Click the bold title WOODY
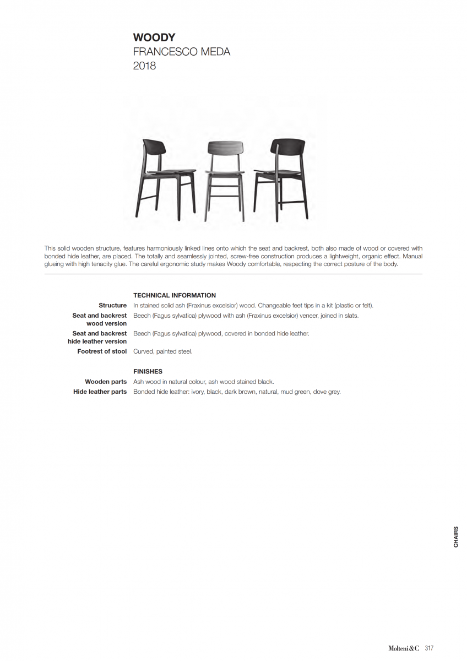click(154, 37)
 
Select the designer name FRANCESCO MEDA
click(182, 52)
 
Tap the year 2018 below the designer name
click(144, 66)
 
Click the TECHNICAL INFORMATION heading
click(175, 295)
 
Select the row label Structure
click(112, 305)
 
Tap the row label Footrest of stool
click(102, 351)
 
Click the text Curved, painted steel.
click(163, 351)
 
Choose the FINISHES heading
click(148, 371)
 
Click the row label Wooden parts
click(106, 382)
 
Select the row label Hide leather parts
click(100, 392)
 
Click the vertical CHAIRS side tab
click(456, 537)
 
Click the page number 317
click(430, 648)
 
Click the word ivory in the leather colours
click(197, 392)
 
